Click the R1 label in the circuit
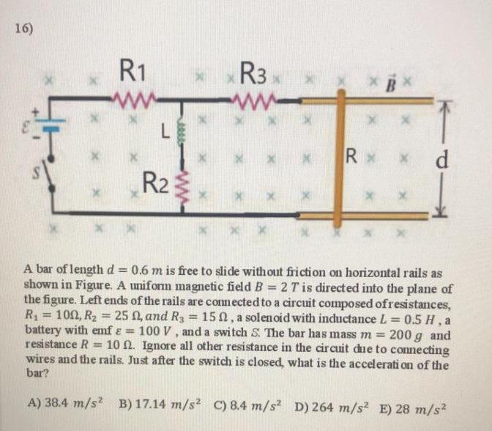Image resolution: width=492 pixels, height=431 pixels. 135,74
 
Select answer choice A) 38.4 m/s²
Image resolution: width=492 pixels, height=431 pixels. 67,402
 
